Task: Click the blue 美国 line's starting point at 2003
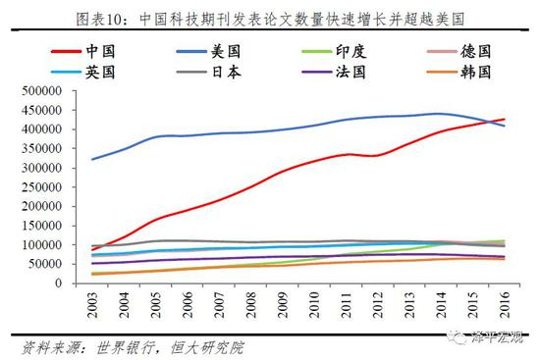pos(91,159)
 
